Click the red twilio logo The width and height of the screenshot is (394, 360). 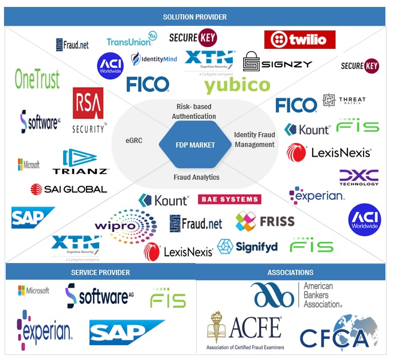299,40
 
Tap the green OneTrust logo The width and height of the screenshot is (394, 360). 37,79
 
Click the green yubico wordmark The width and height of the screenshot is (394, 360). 237,86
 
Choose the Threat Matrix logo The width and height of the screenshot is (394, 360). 344,100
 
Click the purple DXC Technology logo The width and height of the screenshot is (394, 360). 358,177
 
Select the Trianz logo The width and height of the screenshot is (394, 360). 80,162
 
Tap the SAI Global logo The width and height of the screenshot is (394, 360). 68,189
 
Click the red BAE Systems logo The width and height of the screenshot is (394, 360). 229,199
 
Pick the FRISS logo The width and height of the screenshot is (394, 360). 265,221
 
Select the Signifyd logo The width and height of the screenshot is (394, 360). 247,246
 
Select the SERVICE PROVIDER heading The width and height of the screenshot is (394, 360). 100,272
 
